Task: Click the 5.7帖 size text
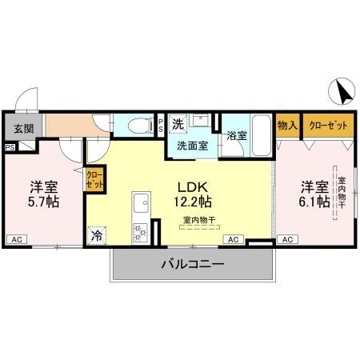(x=44, y=201)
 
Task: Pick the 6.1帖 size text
(x=315, y=201)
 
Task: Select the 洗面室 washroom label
(x=192, y=146)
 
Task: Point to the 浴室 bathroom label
(x=237, y=135)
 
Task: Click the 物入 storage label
(x=287, y=126)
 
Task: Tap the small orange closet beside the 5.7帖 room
(x=94, y=179)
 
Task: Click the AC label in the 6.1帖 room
(x=287, y=239)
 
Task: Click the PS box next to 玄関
(x=10, y=147)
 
